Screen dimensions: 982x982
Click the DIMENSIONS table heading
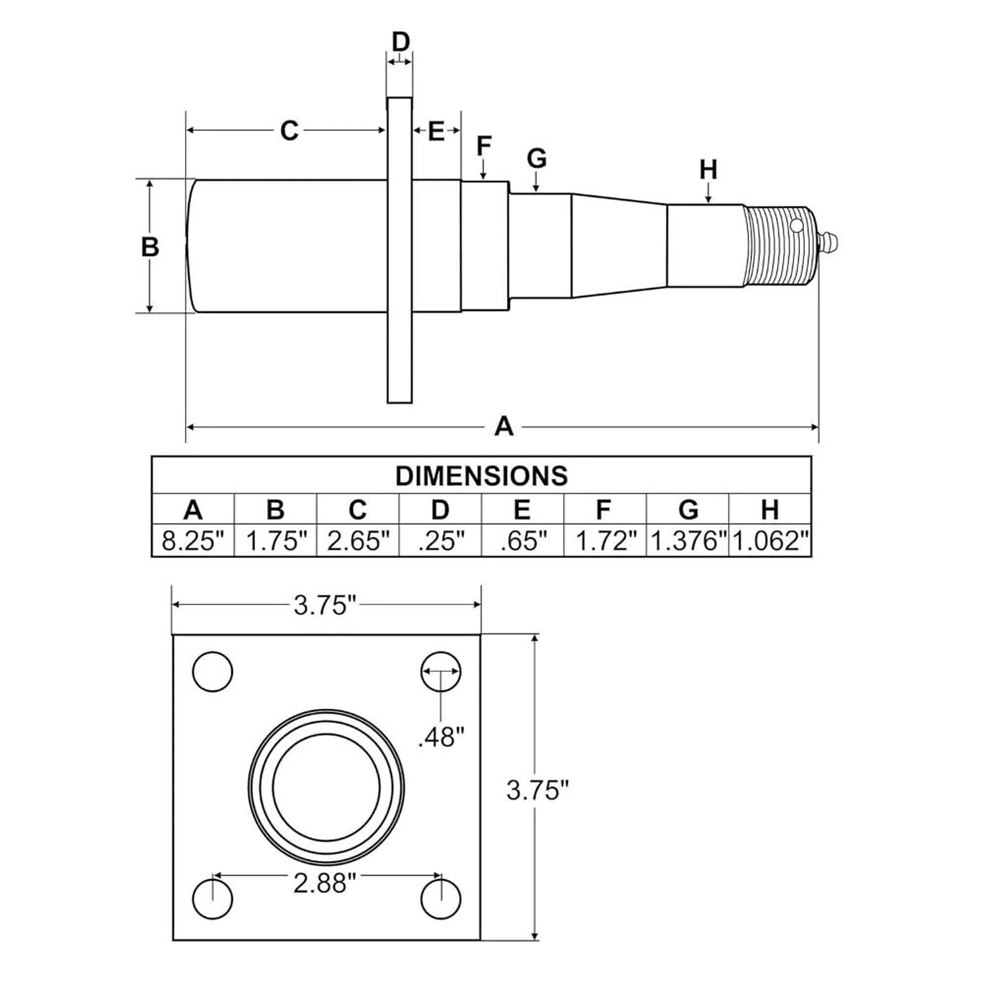click(481, 476)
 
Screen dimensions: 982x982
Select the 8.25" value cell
click(193, 541)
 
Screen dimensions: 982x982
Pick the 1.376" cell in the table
click(688, 541)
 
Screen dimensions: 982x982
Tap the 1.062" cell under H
click(770, 541)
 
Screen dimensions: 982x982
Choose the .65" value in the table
click(522, 541)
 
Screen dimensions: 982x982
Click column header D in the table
click(440, 509)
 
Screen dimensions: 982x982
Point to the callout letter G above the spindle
click(537, 158)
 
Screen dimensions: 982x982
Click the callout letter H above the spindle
click(709, 170)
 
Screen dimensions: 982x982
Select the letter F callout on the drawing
click(484, 146)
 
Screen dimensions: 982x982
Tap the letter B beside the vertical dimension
click(150, 247)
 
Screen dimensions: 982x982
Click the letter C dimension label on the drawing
click(289, 131)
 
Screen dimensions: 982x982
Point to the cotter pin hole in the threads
click(796, 225)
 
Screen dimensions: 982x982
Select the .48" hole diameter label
click(441, 736)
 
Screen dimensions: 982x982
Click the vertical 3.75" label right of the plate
click(538, 791)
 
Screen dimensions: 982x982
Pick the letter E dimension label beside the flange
click(436, 131)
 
